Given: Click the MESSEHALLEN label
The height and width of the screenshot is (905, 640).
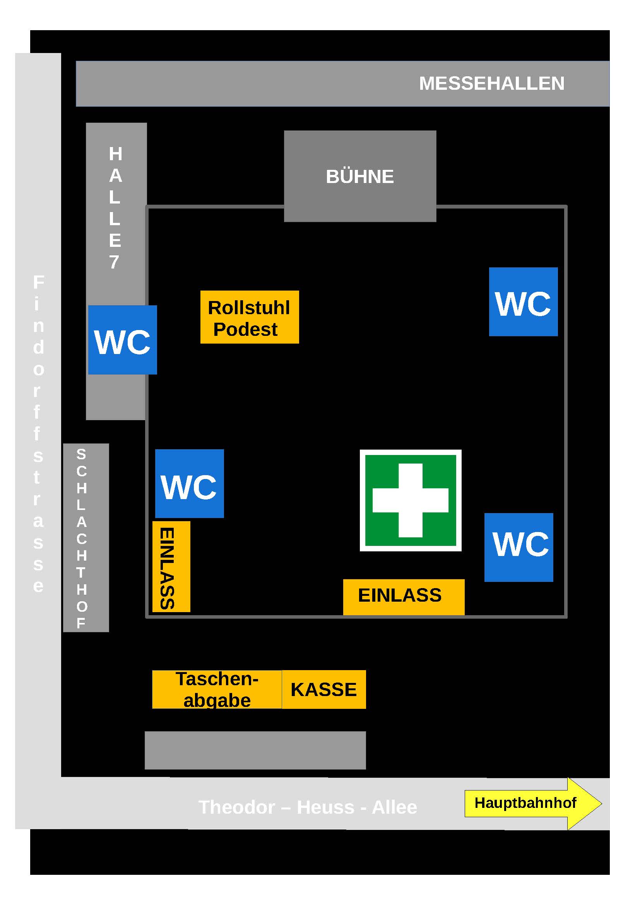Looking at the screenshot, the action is (491, 84).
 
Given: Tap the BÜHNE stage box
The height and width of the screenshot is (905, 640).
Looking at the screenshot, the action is (360, 176).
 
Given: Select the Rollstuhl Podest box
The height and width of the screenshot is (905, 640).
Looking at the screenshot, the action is (250, 317).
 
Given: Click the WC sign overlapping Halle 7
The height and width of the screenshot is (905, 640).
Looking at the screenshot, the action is (123, 340).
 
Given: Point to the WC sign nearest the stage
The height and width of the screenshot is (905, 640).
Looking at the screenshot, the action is (524, 302).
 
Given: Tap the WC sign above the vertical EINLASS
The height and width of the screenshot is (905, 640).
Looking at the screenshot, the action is (190, 484).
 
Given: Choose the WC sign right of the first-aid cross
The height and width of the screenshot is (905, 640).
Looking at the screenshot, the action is (519, 547).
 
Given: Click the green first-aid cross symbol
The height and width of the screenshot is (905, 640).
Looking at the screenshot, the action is (411, 501).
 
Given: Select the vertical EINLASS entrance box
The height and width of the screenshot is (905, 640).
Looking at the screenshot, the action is (171, 567).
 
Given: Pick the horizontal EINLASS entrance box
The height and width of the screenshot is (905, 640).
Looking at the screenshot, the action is (404, 597).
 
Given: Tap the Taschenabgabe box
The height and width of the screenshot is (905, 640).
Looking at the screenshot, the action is (217, 689).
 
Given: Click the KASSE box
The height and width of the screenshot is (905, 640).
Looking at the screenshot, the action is (324, 689).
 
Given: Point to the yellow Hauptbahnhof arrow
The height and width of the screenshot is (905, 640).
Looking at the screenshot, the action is (533, 803).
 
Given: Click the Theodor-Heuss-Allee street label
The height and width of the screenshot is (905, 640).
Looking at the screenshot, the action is (308, 807).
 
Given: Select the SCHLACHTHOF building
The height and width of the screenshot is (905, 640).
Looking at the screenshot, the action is (86, 538).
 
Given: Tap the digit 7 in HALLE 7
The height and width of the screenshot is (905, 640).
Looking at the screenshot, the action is (114, 262).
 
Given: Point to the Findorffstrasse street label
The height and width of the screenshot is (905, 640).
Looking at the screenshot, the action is (38, 434).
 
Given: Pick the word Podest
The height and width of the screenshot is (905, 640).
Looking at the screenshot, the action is (245, 330).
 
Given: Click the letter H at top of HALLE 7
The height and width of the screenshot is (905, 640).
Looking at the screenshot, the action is (115, 154).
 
